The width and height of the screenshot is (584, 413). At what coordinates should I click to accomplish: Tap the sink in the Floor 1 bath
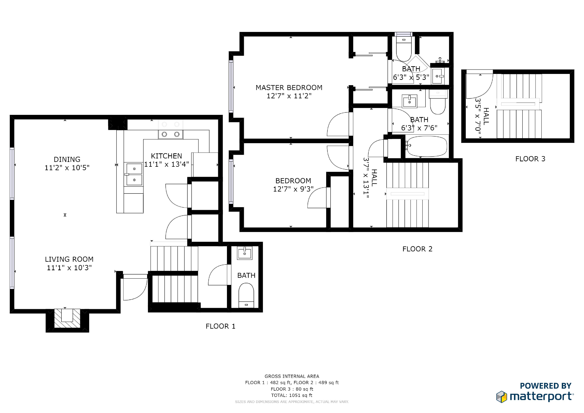pyautogui.click(x=244, y=253)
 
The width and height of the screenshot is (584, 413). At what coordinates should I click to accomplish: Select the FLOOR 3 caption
pyautogui.click(x=530, y=159)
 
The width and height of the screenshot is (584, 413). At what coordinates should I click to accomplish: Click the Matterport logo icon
pyautogui.click(x=502, y=397)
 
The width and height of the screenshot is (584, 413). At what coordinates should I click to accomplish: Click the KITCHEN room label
pyautogui.click(x=166, y=156)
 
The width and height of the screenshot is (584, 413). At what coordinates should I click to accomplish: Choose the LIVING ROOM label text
pyautogui.click(x=69, y=259)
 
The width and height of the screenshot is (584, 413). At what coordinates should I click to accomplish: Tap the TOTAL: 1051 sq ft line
pyautogui.click(x=292, y=395)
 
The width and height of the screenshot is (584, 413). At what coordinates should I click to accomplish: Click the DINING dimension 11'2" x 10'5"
pyautogui.click(x=67, y=168)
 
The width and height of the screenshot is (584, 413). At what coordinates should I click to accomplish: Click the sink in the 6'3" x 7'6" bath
pyautogui.click(x=409, y=101)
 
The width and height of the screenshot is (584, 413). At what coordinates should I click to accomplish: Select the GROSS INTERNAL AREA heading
pyautogui.click(x=292, y=376)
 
